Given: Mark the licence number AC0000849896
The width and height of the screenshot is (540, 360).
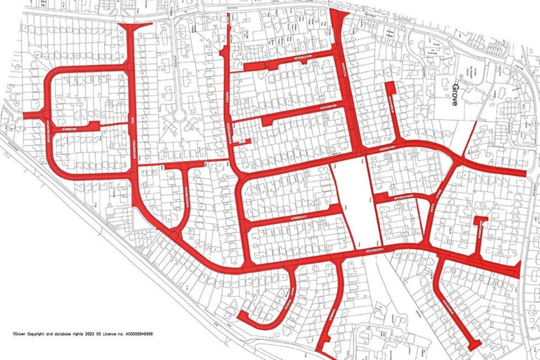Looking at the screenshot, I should point(151,334).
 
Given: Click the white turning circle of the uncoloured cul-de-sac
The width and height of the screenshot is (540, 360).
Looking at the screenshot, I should point(180,116).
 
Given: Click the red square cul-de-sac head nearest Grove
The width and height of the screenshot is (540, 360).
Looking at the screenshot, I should point(390,87).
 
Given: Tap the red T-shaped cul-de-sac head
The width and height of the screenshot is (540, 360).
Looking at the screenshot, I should point(481,220).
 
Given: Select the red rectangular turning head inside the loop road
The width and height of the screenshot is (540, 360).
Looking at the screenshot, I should point(94,126).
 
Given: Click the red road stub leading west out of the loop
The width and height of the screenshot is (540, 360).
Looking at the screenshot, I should point(31,116).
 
